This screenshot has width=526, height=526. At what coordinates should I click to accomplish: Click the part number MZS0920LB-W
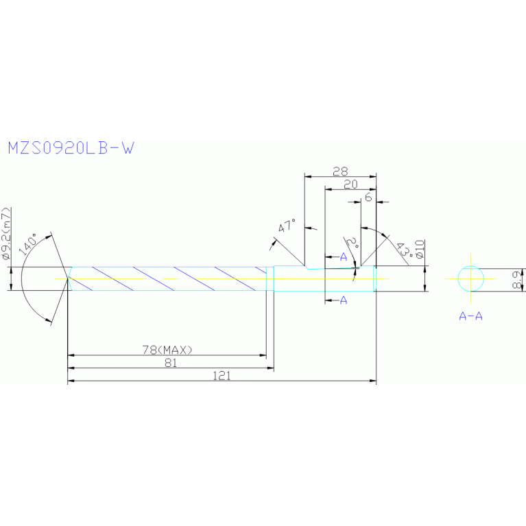70,147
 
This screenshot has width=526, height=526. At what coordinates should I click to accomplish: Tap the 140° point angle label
29,245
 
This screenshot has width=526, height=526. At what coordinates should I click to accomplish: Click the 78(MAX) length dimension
167,350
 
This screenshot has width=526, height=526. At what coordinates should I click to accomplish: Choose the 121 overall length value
222,376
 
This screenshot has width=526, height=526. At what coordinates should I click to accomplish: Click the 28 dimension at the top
339,171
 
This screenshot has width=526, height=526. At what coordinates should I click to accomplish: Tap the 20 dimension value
350,184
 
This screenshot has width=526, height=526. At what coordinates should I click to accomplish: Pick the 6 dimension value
368,197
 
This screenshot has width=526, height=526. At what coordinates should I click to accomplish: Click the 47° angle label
287,226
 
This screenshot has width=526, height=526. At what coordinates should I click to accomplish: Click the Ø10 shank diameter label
419,250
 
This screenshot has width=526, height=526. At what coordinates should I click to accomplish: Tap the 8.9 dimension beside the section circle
519,279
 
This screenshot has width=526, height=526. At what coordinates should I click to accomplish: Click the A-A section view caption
470,316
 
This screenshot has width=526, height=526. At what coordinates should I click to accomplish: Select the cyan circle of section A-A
471,278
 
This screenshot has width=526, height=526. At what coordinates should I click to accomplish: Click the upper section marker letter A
344,256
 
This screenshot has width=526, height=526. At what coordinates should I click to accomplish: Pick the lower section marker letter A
344,300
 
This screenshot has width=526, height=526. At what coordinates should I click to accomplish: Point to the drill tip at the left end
68,278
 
